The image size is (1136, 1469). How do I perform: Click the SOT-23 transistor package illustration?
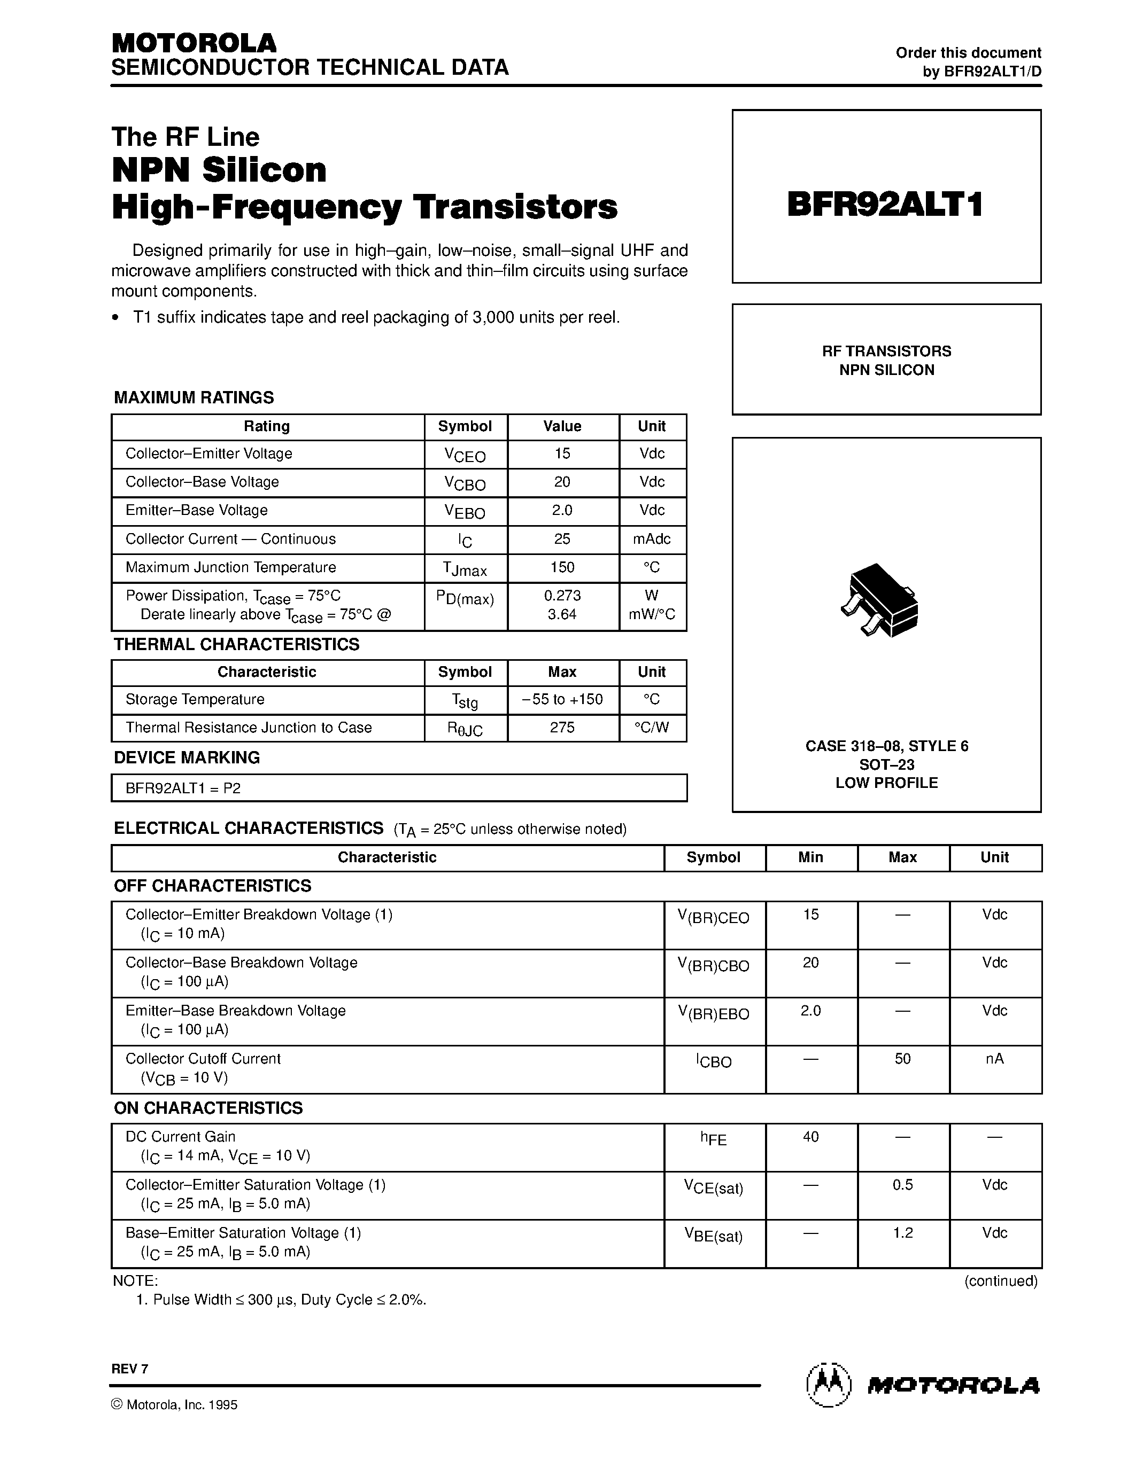[880, 600]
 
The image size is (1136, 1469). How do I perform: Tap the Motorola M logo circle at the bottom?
[829, 1385]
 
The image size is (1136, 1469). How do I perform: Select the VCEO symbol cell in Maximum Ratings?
[465, 455]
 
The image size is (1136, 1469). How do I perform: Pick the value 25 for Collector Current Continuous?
[562, 539]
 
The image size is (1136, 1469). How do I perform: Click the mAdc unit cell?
[652, 539]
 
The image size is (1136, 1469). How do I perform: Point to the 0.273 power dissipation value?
[562, 595]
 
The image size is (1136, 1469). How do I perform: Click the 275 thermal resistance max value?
[562, 727]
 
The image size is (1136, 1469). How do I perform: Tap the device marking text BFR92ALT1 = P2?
[183, 787]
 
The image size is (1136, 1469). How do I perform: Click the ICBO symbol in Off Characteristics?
[713, 1061]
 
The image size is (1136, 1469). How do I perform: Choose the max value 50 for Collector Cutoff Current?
[902, 1059]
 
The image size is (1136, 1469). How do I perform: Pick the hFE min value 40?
[810, 1137]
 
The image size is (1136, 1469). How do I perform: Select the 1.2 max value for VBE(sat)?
[902, 1233]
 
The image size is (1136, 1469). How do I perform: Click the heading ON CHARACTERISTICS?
[208, 1108]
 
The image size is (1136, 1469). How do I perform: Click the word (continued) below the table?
[1001, 1280]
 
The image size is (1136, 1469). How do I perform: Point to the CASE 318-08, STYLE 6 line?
[886, 746]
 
